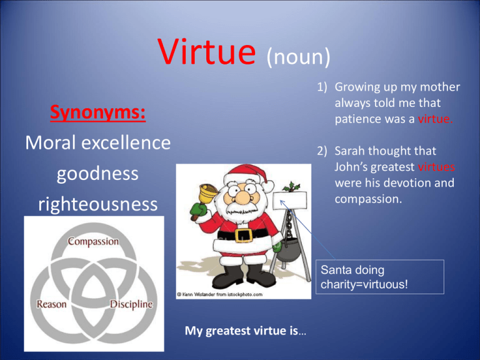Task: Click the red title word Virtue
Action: [x=207, y=51]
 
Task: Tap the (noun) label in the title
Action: [x=299, y=57]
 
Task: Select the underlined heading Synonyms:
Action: [x=98, y=112]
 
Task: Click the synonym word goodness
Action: [x=97, y=174]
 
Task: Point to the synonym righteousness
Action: [x=97, y=204]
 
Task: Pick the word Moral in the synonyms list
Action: [x=51, y=142]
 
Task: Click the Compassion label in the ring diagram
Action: [x=93, y=241]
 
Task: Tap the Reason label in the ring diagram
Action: [x=51, y=304]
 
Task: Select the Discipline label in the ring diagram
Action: [x=131, y=304]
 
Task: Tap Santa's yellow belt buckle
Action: [x=243, y=235]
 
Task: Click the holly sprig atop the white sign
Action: [x=291, y=187]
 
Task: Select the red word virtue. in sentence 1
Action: [x=435, y=119]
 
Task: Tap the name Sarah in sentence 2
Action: [x=349, y=151]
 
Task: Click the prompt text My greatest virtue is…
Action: [x=245, y=331]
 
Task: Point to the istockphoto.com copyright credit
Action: [x=219, y=294]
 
